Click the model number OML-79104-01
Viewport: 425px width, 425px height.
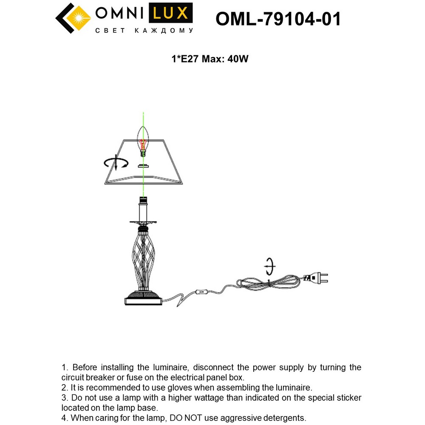pyautogui.click(x=278, y=19)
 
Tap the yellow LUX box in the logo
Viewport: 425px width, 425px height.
pyautogui.click(x=170, y=14)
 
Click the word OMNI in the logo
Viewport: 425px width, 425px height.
pyautogui.click(x=119, y=14)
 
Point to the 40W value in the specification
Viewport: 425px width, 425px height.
pyautogui.click(x=238, y=59)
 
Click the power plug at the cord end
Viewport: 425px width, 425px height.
pyautogui.click(x=317, y=279)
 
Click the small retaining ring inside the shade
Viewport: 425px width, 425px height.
pyautogui.click(x=144, y=165)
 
